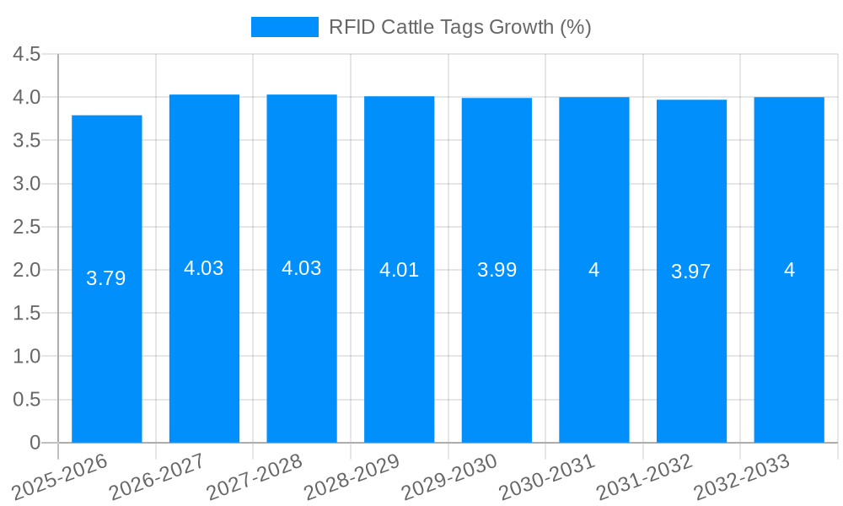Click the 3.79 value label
coord(106,278)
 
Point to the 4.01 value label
coord(399,271)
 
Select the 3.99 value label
coord(497,271)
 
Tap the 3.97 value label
coord(691,272)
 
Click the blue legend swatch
coord(284,27)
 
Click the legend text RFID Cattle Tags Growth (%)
coord(459,27)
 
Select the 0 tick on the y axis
coord(35,443)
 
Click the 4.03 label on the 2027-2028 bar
coord(302,268)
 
